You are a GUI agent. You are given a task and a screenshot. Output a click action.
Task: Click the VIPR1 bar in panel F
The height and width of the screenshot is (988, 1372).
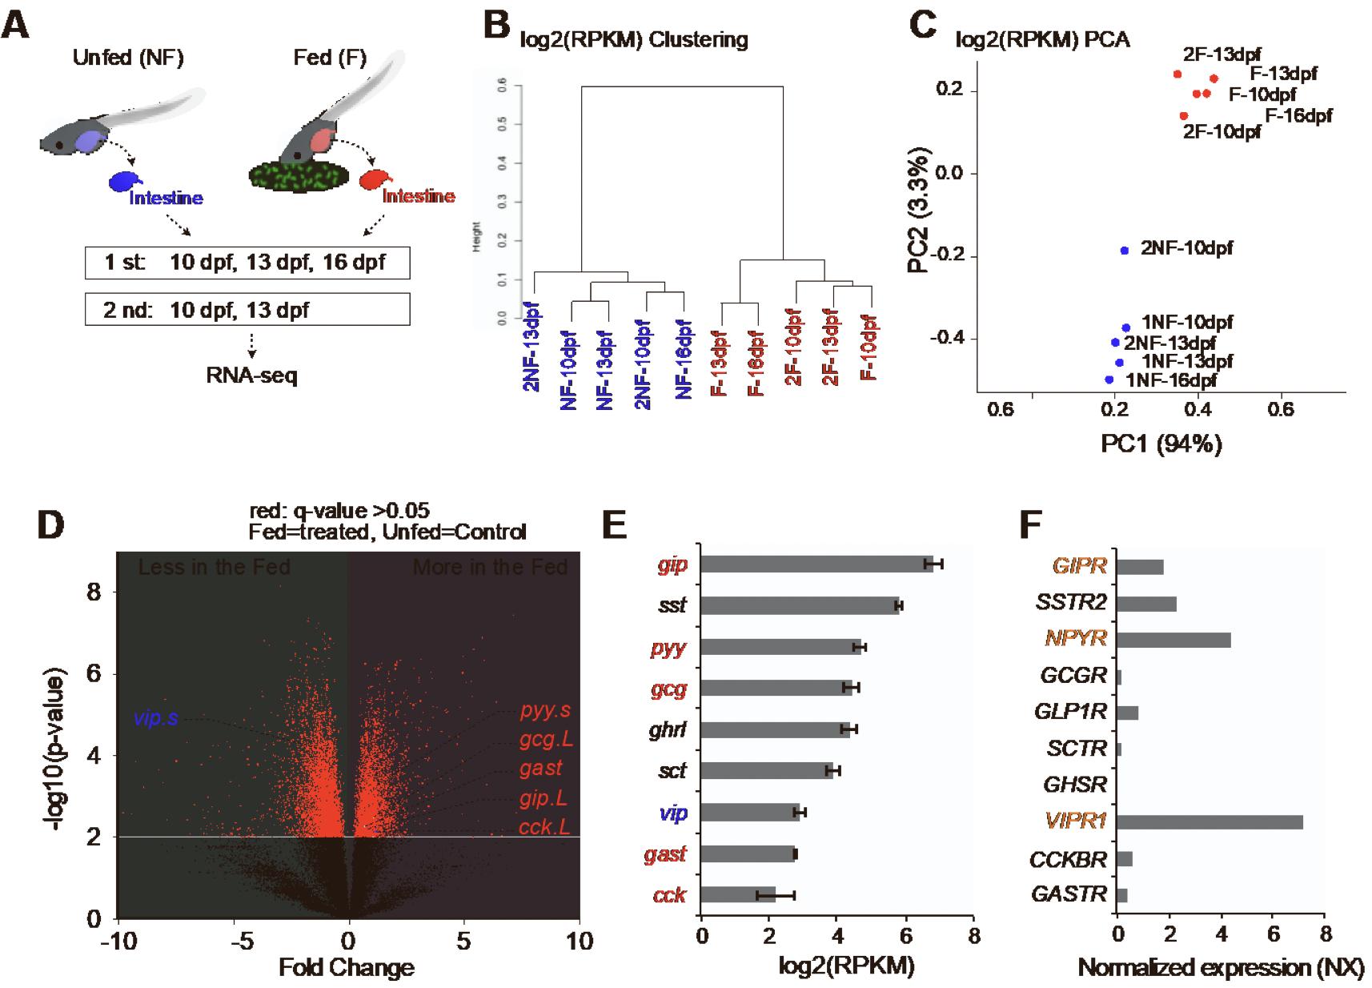[x=1209, y=822]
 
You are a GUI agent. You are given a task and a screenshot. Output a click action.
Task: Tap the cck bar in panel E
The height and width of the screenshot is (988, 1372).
[x=738, y=894]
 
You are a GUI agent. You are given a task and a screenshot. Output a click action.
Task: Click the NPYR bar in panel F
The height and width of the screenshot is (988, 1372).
[x=1173, y=640]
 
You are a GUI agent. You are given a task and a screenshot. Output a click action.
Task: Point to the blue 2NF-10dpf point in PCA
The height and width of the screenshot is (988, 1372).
[x=1124, y=251]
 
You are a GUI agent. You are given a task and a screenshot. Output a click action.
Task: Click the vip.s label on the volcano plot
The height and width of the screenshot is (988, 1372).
[x=156, y=718]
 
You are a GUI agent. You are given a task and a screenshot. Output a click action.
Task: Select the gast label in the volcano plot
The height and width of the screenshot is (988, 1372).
[x=540, y=769]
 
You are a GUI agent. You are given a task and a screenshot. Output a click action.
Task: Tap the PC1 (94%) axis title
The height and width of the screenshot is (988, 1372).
[x=1161, y=444]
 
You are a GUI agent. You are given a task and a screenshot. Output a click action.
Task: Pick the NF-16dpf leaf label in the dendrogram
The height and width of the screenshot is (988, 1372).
[x=683, y=359]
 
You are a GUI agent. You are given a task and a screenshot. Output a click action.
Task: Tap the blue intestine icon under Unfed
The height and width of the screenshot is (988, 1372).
[x=126, y=182]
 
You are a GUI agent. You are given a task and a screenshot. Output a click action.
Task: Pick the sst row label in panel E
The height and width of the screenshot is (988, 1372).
[x=672, y=605]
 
